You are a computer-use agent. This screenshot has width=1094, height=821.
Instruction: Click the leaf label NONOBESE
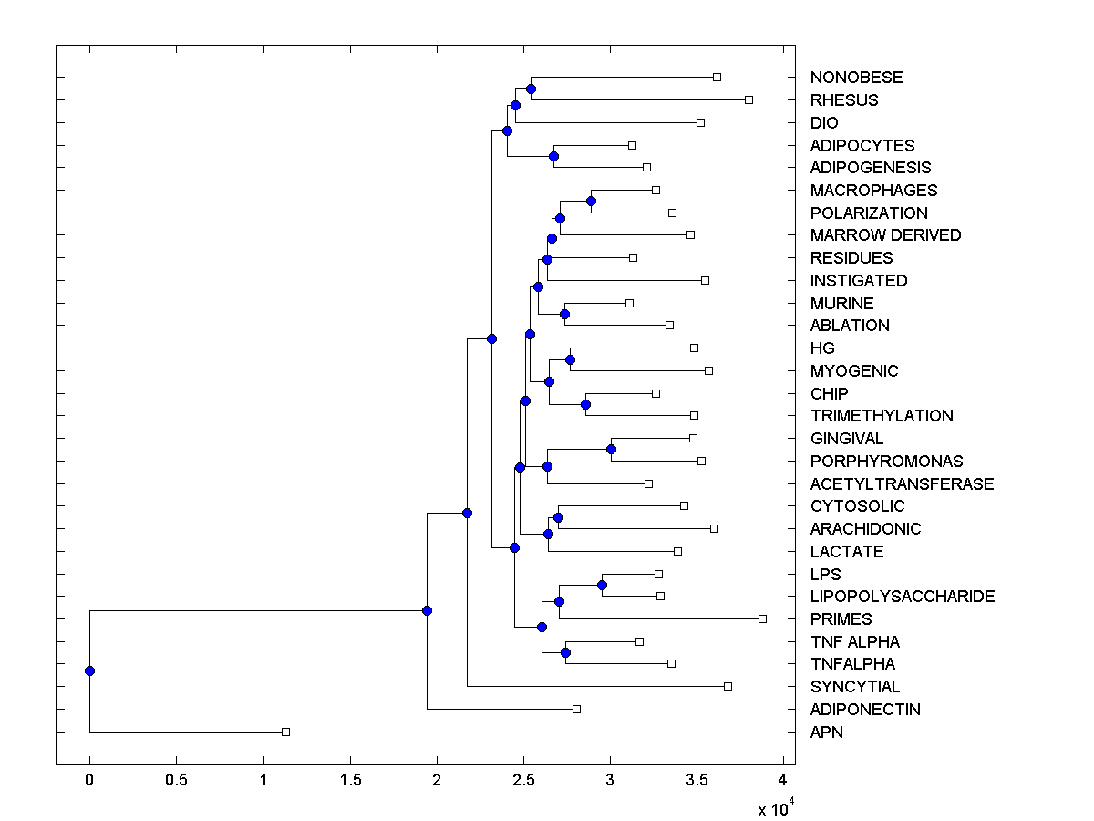pyautogui.click(x=856, y=78)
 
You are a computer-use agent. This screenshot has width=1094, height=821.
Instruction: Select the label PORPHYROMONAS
pyautogui.click(x=886, y=462)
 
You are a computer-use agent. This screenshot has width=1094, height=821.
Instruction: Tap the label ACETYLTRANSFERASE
pyautogui.click(x=902, y=484)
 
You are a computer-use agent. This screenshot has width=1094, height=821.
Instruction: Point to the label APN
pyautogui.click(x=827, y=732)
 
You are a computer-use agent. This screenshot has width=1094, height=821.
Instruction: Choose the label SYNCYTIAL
pyautogui.click(x=855, y=687)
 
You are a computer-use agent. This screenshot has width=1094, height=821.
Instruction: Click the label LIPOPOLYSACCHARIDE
pyautogui.click(x=903, y=597)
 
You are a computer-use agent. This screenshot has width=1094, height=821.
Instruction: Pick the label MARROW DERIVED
pyautogui.click(x=885, y=235)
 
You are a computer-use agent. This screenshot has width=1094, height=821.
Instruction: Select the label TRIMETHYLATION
pyautogui.click(x=882, y=416)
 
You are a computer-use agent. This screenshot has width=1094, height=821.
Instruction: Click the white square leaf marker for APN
pyautogui.click(x=285, y=732)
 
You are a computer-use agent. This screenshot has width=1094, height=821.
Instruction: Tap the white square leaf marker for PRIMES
pyautogui.click(x=763, y=618)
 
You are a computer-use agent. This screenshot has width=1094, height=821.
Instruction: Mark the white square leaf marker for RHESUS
pyautogui.click(x=748, y=99)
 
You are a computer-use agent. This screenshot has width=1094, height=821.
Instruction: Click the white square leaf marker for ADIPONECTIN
pyautogui.click(x=576, y=709)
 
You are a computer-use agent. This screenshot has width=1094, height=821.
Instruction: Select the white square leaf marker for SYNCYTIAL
pyautogui.click(x=728, y=686)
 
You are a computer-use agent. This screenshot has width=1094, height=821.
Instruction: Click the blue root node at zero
pyautogui.click(x=89, y=670)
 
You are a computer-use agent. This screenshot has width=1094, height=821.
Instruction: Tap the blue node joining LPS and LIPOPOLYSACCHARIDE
pyautogui.click(x=602, y=585)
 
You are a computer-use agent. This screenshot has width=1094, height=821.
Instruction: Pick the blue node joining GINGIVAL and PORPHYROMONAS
pyautogui.click(x=611, y=449)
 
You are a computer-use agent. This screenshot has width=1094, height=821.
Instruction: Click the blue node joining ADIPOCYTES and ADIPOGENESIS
pyautogui.click(x=553, y=156)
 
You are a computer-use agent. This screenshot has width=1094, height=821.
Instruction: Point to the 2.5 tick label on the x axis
pyautogui.click(x=523, y=780)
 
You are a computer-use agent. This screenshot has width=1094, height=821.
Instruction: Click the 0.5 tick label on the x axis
pyautogui.click(x=176, y=780)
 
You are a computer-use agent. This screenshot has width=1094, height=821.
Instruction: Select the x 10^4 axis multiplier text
pyautogui.click(x=775, y=808)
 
